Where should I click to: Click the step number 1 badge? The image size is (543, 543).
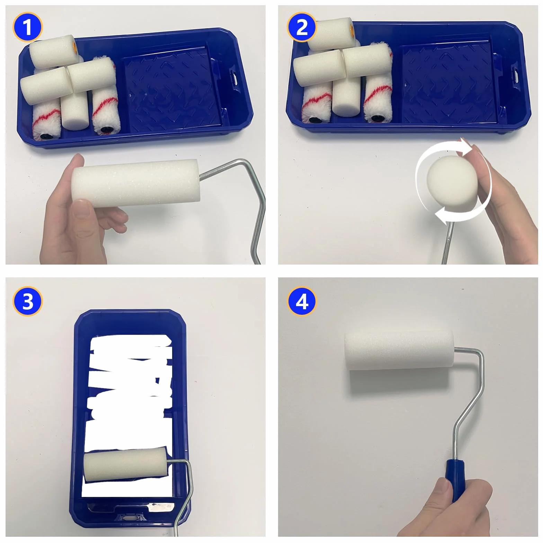click(x=27, y=27)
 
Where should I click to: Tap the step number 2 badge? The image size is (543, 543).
click(x=302, y=27)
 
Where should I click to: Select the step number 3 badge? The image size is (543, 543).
click(x=27, y=301)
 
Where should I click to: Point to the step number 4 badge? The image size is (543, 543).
click(x=302, y=301)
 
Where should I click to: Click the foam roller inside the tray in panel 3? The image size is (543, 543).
click(x=125, y=464)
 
